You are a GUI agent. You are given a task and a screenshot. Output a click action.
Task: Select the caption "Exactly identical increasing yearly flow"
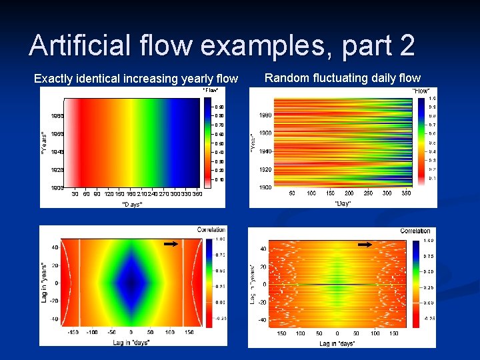pos(135,79)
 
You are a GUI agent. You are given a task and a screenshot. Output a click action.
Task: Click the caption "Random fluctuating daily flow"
pos(343,78)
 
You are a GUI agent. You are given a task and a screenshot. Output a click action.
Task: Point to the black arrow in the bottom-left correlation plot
pos(171,245)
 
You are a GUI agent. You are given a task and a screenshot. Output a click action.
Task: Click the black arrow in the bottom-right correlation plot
pos(365,245)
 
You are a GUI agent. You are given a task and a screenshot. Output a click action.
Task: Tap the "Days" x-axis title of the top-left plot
pos(132,204)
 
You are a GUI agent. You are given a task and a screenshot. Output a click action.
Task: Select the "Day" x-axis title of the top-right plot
pos(343,203)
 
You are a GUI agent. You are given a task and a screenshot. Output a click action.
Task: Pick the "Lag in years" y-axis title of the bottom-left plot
pos(44,282)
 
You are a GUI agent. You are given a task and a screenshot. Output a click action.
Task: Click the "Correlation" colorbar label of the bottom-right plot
pos(415,231)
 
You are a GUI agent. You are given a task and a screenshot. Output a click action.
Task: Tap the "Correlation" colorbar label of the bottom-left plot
pos(211,230)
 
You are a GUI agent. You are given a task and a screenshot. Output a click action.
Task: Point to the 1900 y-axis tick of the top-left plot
pos(58,188)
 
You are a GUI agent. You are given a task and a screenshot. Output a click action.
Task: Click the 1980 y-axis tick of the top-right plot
pos(265,115)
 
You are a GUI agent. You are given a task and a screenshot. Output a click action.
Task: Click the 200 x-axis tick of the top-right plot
pos(349,193)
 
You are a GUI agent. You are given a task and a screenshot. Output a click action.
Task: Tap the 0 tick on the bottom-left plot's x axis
pos(131,331)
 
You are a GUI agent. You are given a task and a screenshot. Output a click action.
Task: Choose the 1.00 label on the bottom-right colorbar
pos(429,240)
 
